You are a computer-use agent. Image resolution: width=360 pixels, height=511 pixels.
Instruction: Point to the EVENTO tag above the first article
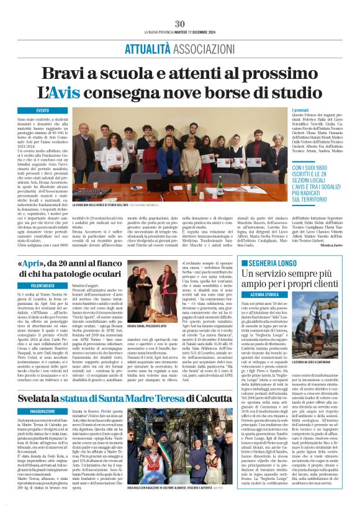(x=43, y=110)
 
